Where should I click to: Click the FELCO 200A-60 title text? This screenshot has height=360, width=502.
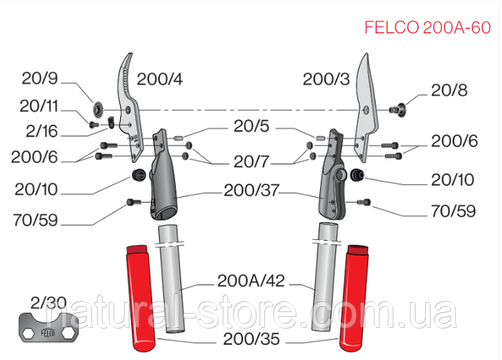pyautogui.click(x=427, y=27)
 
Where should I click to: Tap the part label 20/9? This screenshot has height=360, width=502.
pyautogui.click(x=40, y=78)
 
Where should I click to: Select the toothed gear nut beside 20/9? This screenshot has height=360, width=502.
pyautogui.click(x=97, y=109)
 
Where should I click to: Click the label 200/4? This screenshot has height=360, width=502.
pyautogui.click(x=160, y=79)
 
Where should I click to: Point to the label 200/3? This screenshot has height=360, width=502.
pyautogui.click(x=326, y=79)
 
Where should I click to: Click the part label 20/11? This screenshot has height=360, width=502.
pyautogui.click(x=38, y=106)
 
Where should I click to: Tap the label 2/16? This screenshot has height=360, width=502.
pyautogui.click(x=42, y=131)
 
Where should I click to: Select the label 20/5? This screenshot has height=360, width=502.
pyautogui.click(x=251, y=126)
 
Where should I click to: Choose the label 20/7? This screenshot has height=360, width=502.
pyautogui.click(x=251, y=162)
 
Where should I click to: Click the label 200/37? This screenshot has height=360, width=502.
pyautogui.click(x=251, y=191)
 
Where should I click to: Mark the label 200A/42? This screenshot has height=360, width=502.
pyautogui.click(x=251, y=281)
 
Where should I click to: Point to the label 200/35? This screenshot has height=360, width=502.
pyautogui.click(x=251, y=339)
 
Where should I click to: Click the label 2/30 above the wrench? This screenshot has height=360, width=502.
pyautogui.click(x=49, y=303)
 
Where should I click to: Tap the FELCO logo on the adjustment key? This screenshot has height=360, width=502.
pyautogui.click(x=48, y=333)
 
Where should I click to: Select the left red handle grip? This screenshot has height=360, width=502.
pyautogui.click(x=141, y=297)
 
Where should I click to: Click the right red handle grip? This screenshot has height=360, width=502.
pyautogui.click(x=354, y=297)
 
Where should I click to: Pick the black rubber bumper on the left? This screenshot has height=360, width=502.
pyautogui.click(x=139, y=175)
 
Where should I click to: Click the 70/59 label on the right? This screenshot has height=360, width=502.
pyautogui.click(x=453, y=211)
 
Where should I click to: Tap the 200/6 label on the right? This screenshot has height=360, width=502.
pyautogui.click(x=454, y=141)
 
